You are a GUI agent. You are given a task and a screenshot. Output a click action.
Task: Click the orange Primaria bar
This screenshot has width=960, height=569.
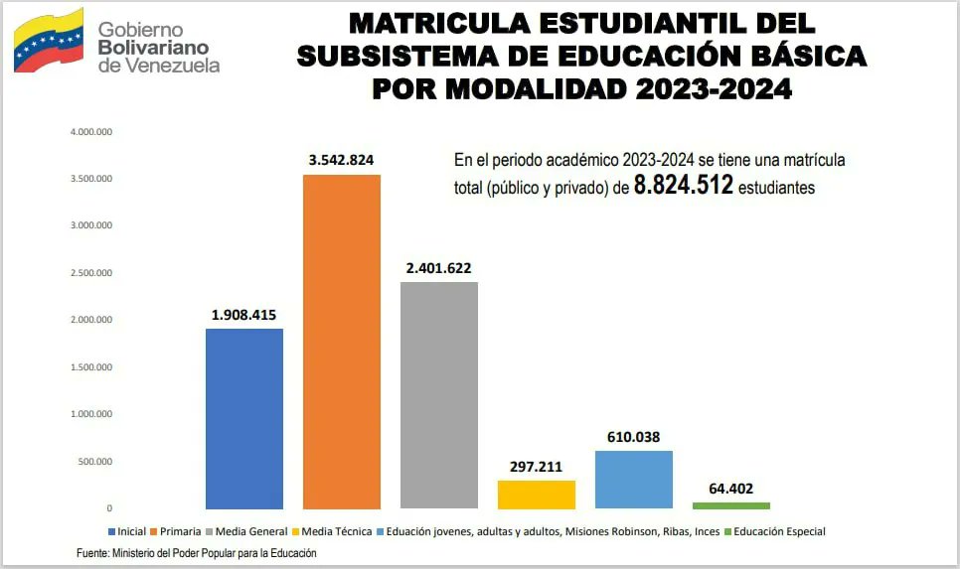pyautogui.click(x=342, y=342)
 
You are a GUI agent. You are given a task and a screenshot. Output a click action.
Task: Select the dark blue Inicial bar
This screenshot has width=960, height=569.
pyautogui.click(x=244, y=418)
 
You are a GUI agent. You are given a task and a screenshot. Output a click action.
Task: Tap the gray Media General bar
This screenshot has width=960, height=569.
pyautogui.click(x=438, y=395)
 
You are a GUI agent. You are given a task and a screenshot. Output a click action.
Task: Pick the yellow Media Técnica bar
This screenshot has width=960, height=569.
pyautogui.click(x=536, y=495)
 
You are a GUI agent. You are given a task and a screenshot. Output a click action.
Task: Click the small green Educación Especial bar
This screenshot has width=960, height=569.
pyautogui.click(x=730, y=505)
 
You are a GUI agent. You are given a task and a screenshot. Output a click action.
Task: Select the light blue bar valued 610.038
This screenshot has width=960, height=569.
pyautogui.click(x=633, y=480)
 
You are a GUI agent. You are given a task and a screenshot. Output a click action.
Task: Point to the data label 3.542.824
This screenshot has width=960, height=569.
pyautogui.click(x=341, y=159)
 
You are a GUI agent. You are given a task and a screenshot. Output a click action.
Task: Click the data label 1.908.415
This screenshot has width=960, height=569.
pyautogui.click(x=244, y=314)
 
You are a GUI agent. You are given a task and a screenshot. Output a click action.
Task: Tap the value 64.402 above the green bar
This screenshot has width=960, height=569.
pyautogui.click(x=730, y=488)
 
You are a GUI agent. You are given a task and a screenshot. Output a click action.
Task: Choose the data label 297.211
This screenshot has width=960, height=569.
pyautogui.click(x=536, y=466)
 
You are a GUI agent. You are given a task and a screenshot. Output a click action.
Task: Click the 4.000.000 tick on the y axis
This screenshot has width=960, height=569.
pyautogui.click(x=90, y=131)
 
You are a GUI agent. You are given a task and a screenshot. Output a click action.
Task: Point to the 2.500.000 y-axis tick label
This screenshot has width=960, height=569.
pyautogui.click(x=90, y=273)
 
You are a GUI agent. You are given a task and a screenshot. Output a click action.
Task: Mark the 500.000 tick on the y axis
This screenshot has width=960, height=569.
pyautogui.click(x=90, y=462)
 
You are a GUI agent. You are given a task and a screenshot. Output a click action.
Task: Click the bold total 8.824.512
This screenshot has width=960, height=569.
pyautogui.click(x=684, y=186)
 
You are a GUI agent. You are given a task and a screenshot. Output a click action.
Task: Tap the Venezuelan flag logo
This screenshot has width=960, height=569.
pyautogui.click(x=48, y=40)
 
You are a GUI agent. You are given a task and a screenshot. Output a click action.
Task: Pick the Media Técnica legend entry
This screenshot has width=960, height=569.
pyautogui.click(x=338, y=531)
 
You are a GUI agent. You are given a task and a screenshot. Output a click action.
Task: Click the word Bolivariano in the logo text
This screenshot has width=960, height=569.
pyautogui.click(x=153, y=48)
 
